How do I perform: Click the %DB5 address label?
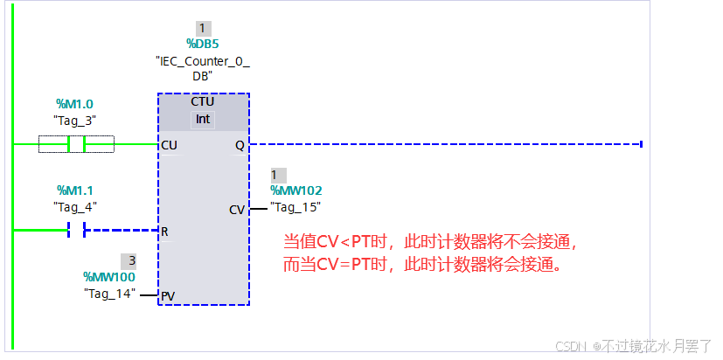(x=203, y=44)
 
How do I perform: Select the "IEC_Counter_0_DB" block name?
(x=203, y=69)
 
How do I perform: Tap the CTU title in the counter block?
(x=203, y=102)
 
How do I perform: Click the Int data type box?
(x=203, y=119)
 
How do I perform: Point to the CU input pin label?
(x=170, y=145)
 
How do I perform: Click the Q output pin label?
(x=240, y=145)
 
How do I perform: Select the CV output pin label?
(x=237, y=210)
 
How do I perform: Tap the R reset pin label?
(x=164, y=232)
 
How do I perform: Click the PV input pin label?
(x=168, y=296)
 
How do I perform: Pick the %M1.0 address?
(x=74, y=104)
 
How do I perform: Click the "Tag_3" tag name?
(x=74, y=120)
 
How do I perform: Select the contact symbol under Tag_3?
(x=76, y=144)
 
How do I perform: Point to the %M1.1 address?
(x=74, y=190)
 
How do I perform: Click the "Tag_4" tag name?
(x=74, y=206)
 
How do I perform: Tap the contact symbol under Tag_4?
(x=76, y=231)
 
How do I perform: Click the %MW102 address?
(x=295, y=190)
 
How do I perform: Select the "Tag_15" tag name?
(x=295, y=207)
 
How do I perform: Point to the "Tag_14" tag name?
(x=109, y=294)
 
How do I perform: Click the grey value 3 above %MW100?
(x=131, y=260)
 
